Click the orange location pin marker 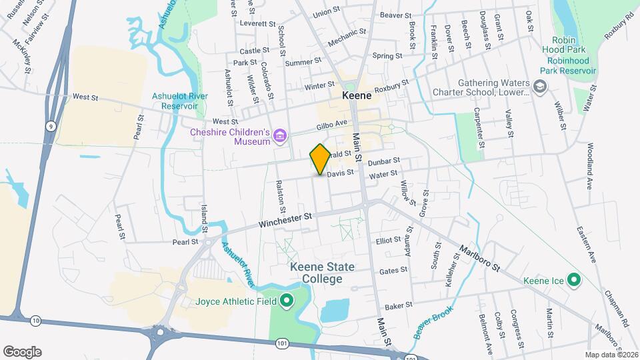(x=320, y=159)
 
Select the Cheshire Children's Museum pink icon (x=280, y=137)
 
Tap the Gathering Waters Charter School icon (x=539, y=86)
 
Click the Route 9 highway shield (x=50, y=125)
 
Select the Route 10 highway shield (x=35, y=321)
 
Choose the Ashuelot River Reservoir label (x=179, y=101)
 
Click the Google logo (x=22, y=351)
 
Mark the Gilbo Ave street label (x=333, y=124)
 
